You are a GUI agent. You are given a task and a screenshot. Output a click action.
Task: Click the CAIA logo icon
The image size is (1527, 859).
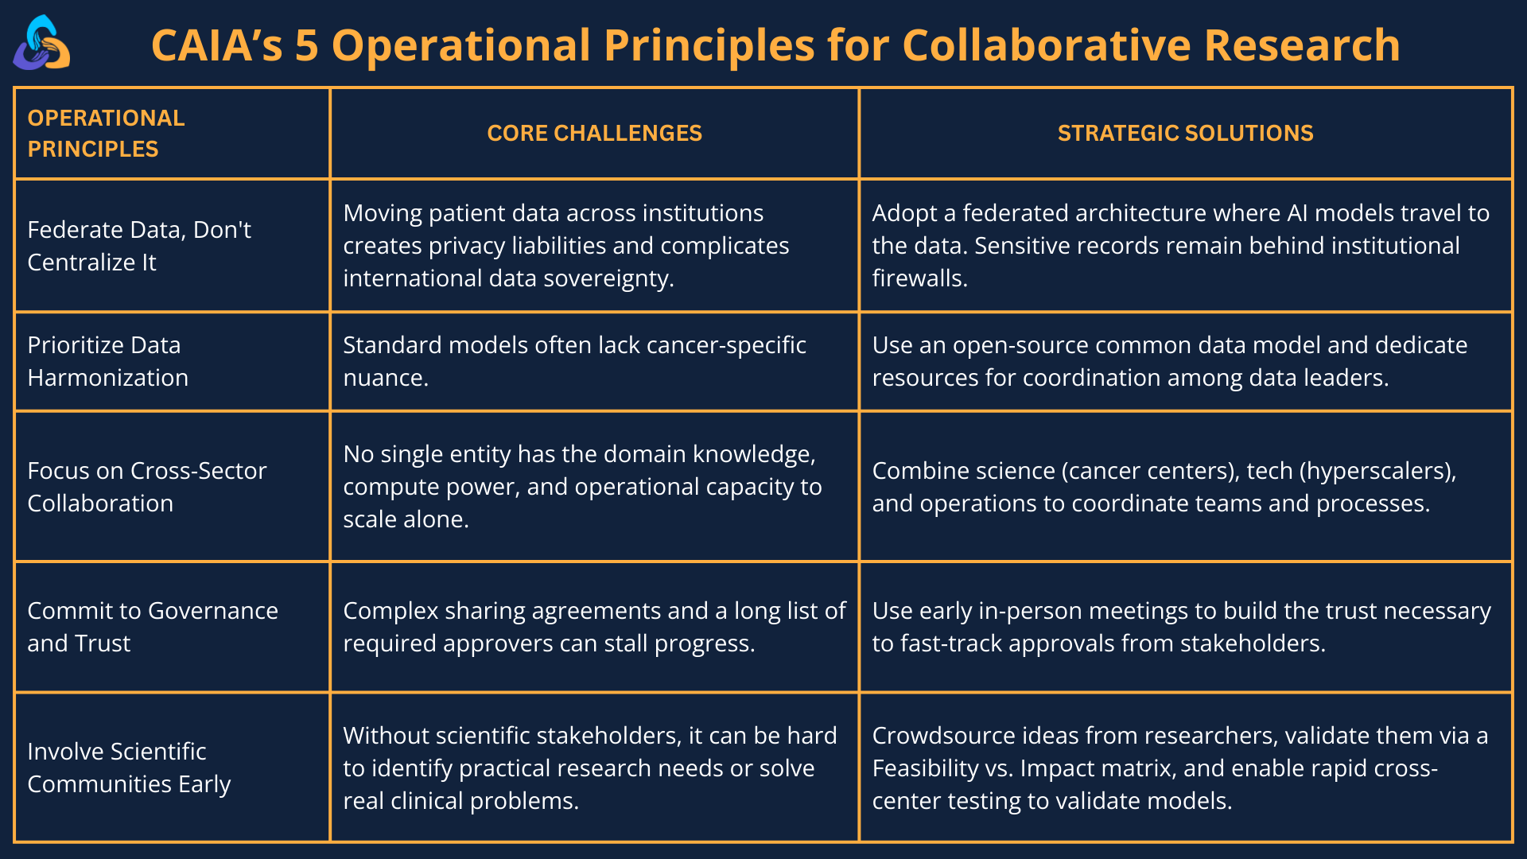point(41,45)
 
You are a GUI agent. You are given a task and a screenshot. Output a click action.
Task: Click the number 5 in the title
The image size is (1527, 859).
point(306,45)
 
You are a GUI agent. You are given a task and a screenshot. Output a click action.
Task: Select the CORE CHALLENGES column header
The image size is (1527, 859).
point(594,133)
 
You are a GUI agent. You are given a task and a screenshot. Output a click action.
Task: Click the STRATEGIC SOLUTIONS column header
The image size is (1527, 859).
point(1185,133)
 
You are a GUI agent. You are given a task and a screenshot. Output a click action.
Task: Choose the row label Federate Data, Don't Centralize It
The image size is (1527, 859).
point(139,246)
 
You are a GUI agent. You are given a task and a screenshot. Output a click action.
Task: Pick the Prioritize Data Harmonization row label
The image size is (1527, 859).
point(107,361)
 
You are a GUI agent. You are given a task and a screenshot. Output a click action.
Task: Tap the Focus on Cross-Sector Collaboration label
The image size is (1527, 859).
point(146,487)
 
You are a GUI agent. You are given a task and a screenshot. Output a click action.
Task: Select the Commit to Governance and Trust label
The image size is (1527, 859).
point(152,627)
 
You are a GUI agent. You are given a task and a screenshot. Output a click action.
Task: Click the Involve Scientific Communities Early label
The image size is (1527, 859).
point(128,768)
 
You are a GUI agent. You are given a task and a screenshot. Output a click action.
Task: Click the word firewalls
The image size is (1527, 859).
point(919,278)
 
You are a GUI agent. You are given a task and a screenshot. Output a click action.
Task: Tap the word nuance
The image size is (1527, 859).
point(385,378)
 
